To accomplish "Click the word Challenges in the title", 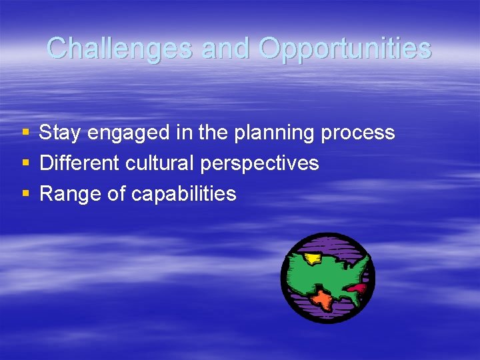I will point(119,48).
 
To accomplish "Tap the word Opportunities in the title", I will point(345,48).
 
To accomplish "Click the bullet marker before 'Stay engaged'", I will point(25,133).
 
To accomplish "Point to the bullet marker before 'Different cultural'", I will point(25,163).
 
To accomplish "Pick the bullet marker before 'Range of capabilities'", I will point(25,194).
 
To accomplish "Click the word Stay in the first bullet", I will point(61,133).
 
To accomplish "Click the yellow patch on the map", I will point(311,259).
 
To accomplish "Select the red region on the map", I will point(357,289).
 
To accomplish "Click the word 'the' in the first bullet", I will point(213,133).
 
